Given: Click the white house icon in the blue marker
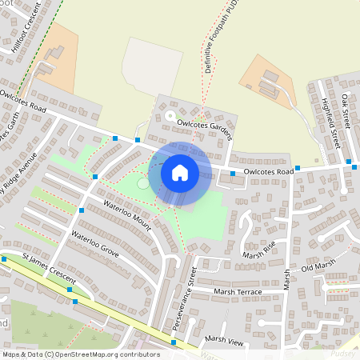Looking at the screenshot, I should pyautogui.click(x=180, y=172).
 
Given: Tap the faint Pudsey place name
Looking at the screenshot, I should pyautogui.click(x=345, y=352).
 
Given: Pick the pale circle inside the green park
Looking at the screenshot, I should pyautogui.click(x=142, y=183).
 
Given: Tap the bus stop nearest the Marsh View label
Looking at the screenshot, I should pyautogui.click(x=174, y=342).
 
